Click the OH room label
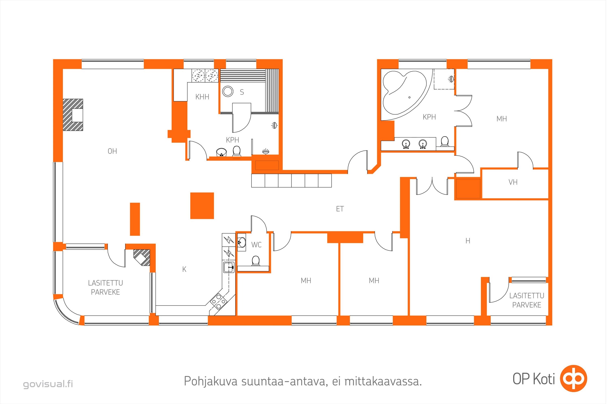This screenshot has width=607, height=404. point(112,151)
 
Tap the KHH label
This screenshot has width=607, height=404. point(202,97)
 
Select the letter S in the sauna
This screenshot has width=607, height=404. point(242,92)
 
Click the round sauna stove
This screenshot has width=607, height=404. point(228,91)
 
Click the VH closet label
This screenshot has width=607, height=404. point(513,182)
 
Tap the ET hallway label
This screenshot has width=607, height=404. point(340,209)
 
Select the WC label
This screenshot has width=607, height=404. point(256,245)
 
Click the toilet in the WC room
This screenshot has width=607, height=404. point(255,261)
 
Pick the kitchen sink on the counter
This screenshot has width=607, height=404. point(229,267)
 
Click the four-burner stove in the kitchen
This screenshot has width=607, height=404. point(218,301)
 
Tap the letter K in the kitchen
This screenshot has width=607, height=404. point(184,269)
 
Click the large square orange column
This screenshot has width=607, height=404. point(202,206)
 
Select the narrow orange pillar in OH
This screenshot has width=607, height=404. point(135,219)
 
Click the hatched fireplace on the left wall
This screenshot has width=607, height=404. point(73,115)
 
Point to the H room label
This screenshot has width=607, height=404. point(468,241)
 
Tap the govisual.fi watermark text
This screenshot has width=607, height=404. point(48,384)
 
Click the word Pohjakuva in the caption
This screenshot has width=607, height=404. point(211,382)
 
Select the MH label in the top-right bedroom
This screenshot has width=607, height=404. point(502,119)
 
